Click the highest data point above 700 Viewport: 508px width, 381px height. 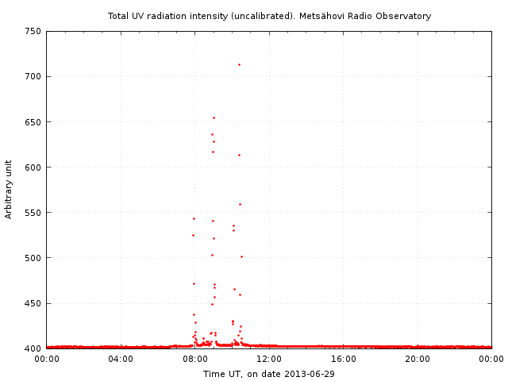[x=239, y=64]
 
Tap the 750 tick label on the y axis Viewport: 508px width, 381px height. [x=33, y=32]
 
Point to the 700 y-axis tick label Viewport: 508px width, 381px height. [x=33, y=77]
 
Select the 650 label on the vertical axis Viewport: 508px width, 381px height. [x=33, y=122]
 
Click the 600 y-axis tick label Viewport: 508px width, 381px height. [x=33, y=167]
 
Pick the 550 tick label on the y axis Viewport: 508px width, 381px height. [x=33, y=213]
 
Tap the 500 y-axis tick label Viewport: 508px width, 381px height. [x=33, y=258]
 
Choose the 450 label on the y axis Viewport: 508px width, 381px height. [x=33, y=303]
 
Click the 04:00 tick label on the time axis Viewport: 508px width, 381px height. [x=121, y=359]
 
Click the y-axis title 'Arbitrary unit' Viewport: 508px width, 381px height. [x=9, y=190]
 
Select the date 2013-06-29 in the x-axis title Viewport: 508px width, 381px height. [x=310, y=373]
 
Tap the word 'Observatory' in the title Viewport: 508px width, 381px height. [x=403, y=16]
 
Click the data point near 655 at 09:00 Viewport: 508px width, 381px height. [x=214, y=117]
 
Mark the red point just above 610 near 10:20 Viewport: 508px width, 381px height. [x=239, y=155]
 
